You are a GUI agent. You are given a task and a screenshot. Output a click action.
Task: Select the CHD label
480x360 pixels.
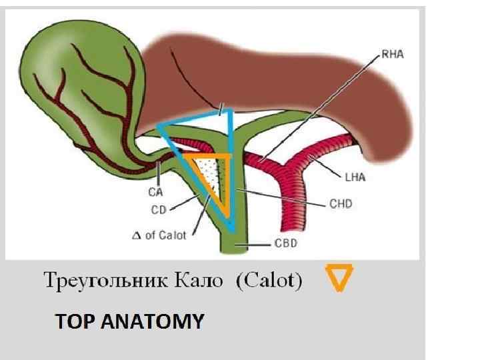tap(341, 203)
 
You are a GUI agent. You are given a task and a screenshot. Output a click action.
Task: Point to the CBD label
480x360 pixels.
tap(285, 243)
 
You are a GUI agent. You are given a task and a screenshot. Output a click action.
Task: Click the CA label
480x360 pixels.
tap(156, 193)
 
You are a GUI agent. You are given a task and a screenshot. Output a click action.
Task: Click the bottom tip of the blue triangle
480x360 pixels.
tap(231, 230)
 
